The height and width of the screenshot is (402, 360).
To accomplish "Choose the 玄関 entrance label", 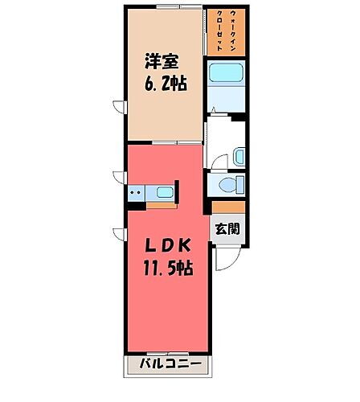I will [x=227, y=228].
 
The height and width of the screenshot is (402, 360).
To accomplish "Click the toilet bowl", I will [x=230, y=186].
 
